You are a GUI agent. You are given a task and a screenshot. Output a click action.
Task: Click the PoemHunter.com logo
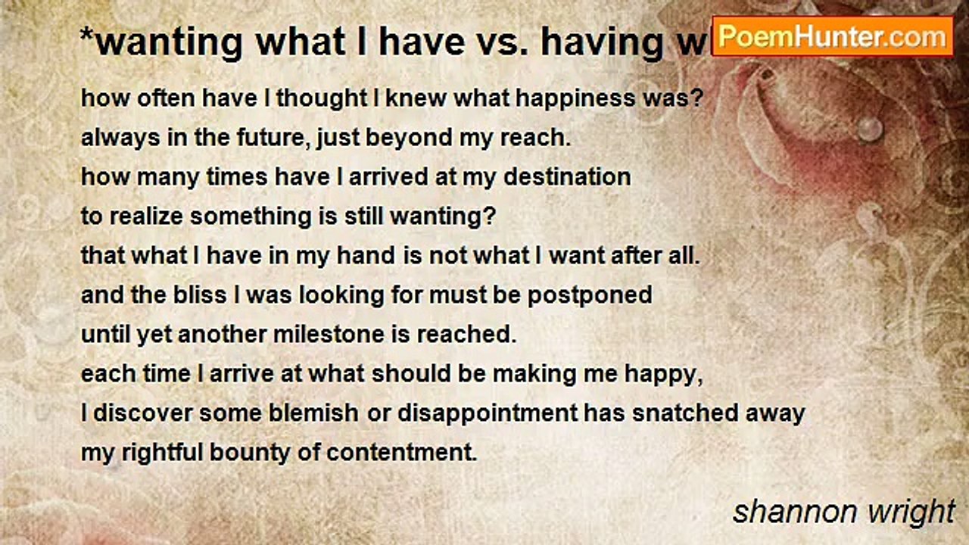(832, 36)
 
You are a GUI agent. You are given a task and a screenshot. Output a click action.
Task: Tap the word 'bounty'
(276, 453)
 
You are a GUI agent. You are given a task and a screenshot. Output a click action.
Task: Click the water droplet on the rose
(871, 129)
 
